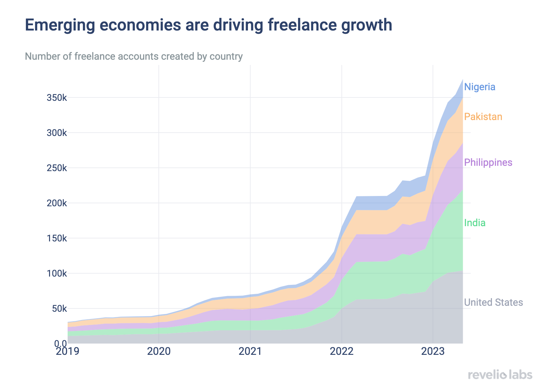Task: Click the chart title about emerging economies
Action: click(209, 25)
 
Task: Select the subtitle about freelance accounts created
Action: click(134, 56)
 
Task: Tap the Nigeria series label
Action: click(480, 87)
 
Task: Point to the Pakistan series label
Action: click(483, 117)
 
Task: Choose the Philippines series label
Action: click(488, 162)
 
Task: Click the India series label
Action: click(475, 223)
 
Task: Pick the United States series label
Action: click(493, 302)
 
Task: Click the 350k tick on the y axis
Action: click(57, 98)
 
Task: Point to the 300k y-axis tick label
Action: click(57, 133)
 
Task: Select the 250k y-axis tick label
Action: click(57, 168)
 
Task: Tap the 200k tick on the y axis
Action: click(57, 203)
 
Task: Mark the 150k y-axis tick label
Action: click(57, 238)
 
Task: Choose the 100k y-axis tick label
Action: click(57, 273)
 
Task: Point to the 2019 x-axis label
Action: click(67, 351)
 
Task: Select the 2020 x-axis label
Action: click(159, 351)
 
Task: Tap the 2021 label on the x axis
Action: click(250, 351)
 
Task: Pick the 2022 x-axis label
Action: click(341, 351)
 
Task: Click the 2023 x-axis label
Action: click(433, 351)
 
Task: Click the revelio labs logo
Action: click(500, 375)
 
